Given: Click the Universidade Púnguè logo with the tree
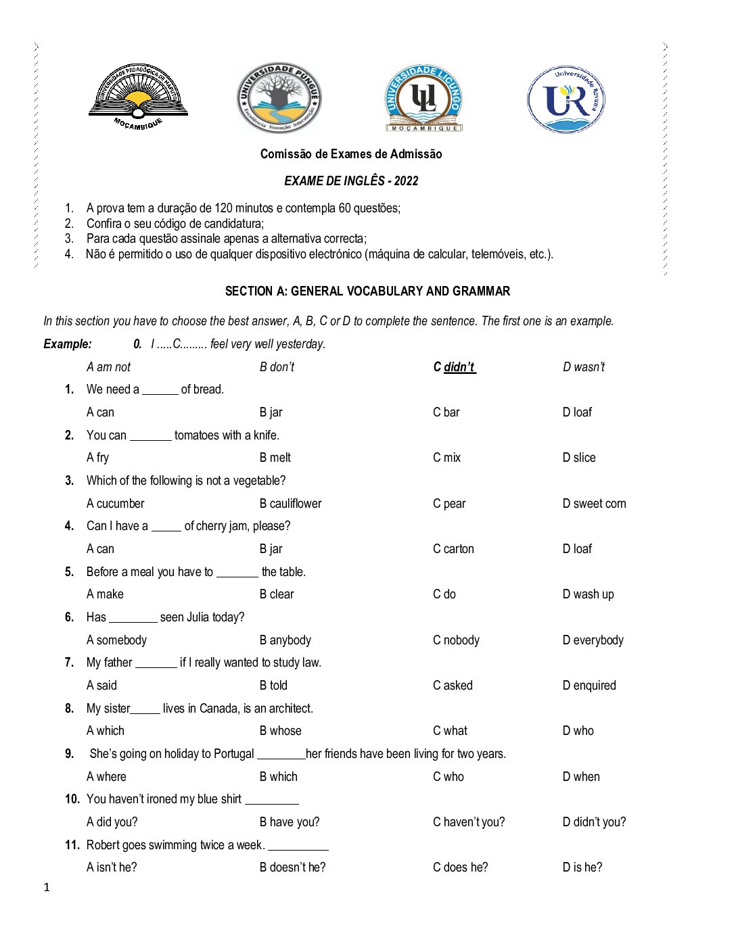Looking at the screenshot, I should click(279, 99).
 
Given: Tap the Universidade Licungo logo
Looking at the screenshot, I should click(424, 99).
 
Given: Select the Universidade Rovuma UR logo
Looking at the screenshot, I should click(566, 99).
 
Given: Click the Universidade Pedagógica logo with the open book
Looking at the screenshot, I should click(139, 97).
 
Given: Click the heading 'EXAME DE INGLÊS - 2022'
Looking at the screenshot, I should click(351, 181).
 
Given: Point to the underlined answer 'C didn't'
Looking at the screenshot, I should click(455, 367).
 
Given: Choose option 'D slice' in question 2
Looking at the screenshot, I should click(579, 458).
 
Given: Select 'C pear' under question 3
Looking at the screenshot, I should click(449, 504).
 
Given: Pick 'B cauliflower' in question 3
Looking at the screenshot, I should click(290, 504).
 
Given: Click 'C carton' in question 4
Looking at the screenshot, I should click(453, 549).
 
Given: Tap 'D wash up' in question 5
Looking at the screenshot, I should click(588, 594).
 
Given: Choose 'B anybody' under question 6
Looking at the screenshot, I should click(285, 640).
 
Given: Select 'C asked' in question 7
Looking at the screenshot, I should click(453, 686).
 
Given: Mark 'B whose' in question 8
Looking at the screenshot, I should click(281, 731).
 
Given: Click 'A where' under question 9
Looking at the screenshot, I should click(106, 777).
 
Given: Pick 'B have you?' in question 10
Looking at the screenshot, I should click(290, 822).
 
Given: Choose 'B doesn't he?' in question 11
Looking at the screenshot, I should click(292, 867).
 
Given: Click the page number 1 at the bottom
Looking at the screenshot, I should click(47, 888).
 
